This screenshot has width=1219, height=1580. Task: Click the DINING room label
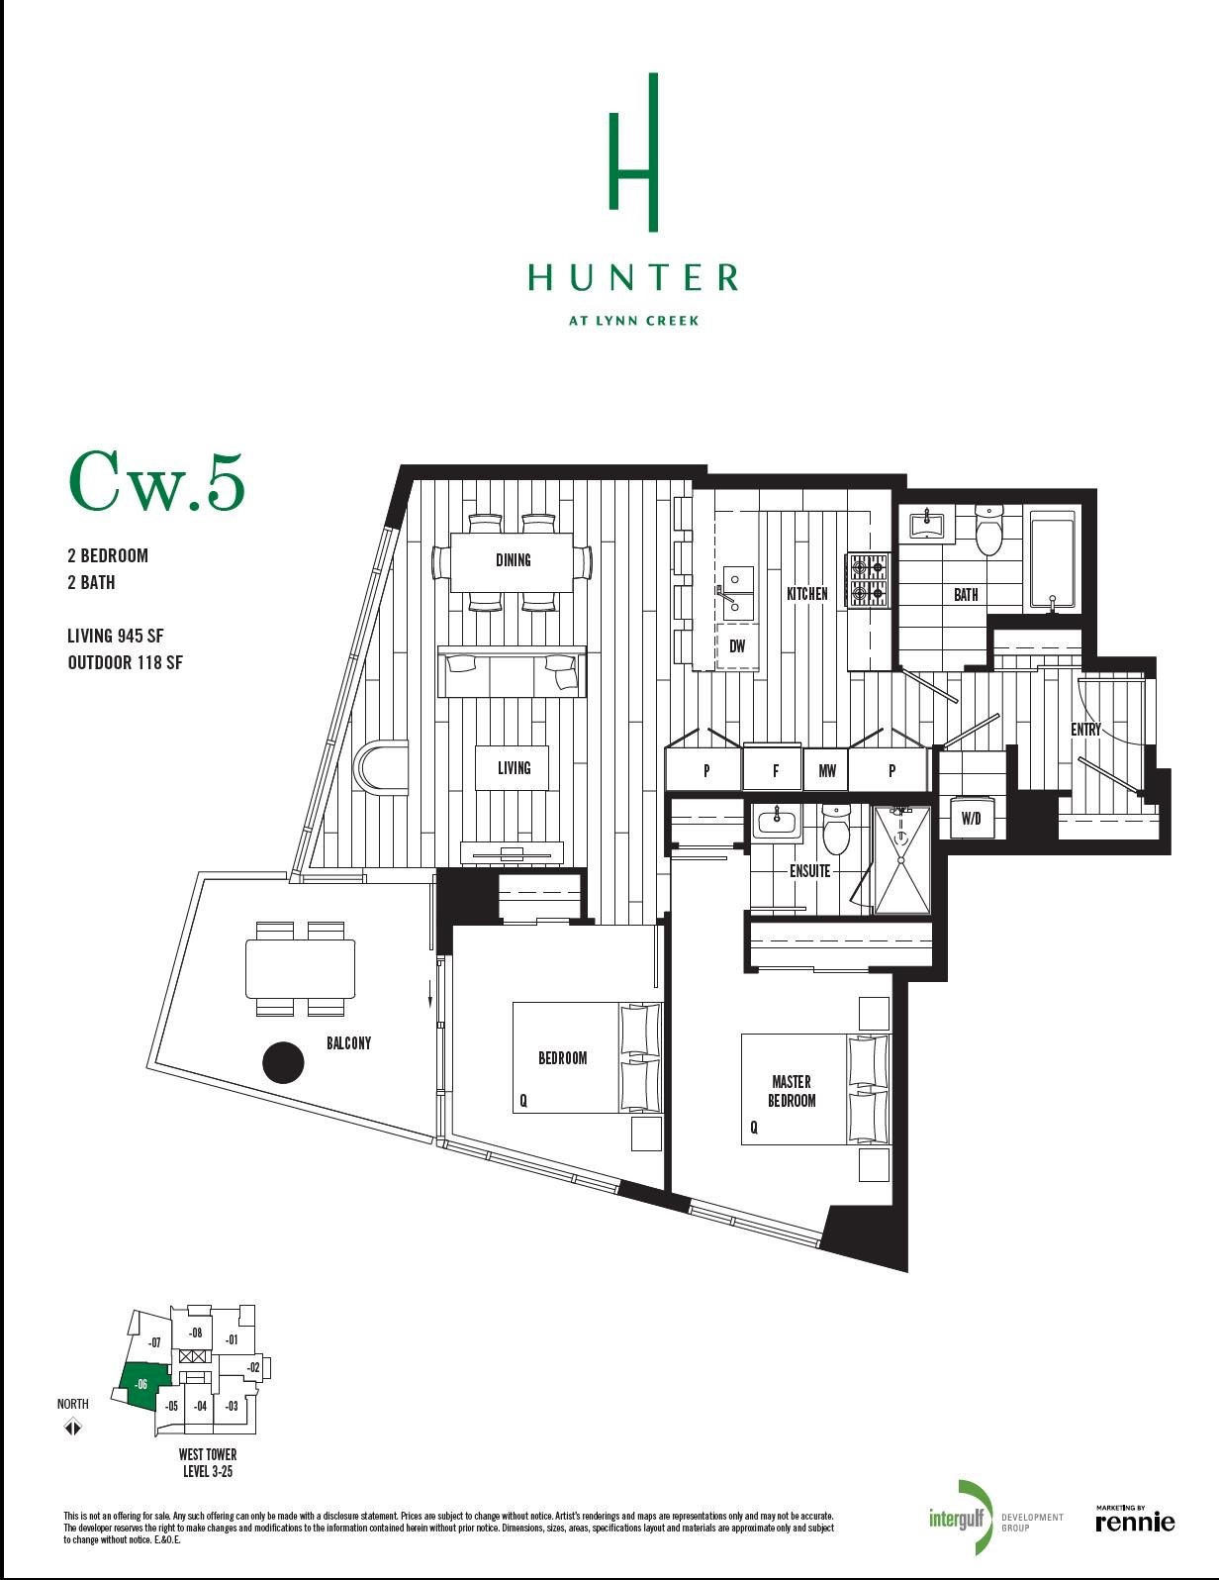pos(513,560)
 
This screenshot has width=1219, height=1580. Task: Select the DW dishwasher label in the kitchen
pos(736,645)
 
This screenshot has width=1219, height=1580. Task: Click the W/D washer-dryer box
pos(971,818)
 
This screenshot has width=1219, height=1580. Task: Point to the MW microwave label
pos(827,771)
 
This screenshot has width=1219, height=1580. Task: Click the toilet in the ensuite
pos(835,830)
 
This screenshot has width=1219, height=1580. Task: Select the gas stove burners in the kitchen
pos(868,580)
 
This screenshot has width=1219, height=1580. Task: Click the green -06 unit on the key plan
pos(143,1384)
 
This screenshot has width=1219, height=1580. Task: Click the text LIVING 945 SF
pos(116,636)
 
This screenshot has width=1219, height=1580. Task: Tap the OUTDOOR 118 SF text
pos(125,662)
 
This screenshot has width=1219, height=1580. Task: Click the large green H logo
pos(633,152)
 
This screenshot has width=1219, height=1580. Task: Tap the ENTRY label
pos(1085,730)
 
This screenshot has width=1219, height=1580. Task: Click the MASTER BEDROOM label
pos(792,1091)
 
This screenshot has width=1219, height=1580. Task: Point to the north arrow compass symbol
pos(72,1427)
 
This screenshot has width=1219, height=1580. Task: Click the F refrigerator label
pos(775,771)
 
